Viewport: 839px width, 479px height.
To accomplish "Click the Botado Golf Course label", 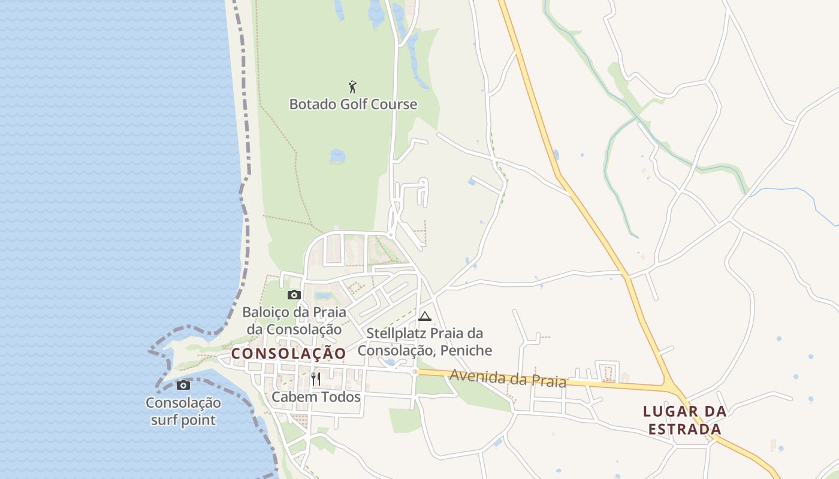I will click(353, 104).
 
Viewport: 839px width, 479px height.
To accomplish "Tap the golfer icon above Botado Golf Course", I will click(353, 87).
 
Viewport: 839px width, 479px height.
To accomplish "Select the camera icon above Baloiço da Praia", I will click(294, 295).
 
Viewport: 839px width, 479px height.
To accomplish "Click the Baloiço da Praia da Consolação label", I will click(294, 320).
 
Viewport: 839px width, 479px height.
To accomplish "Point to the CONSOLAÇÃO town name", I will click(289, 354).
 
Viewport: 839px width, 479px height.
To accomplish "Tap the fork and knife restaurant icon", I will click(316, 378).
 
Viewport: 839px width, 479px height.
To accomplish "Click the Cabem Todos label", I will click(316, 397).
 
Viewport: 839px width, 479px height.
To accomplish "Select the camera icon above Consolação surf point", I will click(183, 385).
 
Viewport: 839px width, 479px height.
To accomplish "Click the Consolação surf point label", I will click(183, 411).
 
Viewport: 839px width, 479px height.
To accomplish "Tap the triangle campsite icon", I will click(425, 316).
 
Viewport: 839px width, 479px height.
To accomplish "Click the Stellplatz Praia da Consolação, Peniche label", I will click(424, 341).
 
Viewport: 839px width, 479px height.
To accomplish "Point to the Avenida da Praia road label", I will click(507, 378).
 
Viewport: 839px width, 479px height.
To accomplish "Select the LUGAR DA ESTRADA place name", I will click(685, 420).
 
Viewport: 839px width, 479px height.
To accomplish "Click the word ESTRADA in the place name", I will click(685, 429).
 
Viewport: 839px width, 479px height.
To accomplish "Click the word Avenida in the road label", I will click(474, 376).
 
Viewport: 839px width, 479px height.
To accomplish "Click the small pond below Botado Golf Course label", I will click(337, 156).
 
